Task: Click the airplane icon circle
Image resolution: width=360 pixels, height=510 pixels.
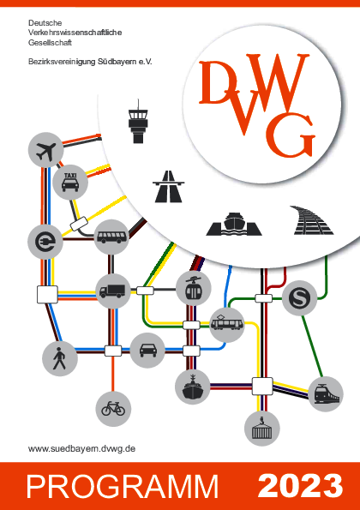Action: tap(45, 150)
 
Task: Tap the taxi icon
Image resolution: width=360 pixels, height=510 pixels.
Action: tap(70, 182)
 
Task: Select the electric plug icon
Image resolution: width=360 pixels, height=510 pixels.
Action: tap(45, 242)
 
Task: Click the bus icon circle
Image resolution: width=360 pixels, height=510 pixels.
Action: tap(111, 237)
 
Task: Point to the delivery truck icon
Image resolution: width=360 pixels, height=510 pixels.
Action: tap(113, 291)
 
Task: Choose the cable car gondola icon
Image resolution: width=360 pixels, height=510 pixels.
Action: tap(194, 288)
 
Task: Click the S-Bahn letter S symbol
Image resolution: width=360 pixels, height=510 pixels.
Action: tap(299, 298)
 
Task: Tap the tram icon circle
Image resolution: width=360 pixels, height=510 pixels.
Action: tap(226, 325)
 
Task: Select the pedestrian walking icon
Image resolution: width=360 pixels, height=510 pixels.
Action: tap(60, 359)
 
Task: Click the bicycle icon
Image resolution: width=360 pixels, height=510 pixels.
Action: tap(113, 409)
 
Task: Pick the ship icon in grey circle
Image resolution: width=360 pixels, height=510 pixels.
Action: tap(193, 387)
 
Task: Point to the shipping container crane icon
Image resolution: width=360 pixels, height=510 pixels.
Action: tap(262, 429)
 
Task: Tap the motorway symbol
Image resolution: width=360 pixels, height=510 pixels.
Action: tap(169, 186)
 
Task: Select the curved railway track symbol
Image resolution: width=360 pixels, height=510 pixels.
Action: tap(312, 220)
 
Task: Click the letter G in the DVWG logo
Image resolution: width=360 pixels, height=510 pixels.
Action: tap(291, 135)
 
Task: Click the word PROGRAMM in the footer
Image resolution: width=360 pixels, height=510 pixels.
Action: tap(123, 487)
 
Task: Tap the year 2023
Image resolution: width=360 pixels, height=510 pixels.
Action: tap(300, 486)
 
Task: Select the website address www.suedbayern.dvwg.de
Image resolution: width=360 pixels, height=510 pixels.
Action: tap(81, 449)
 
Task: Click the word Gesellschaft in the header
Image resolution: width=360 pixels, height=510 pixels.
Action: tap(50, 43)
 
